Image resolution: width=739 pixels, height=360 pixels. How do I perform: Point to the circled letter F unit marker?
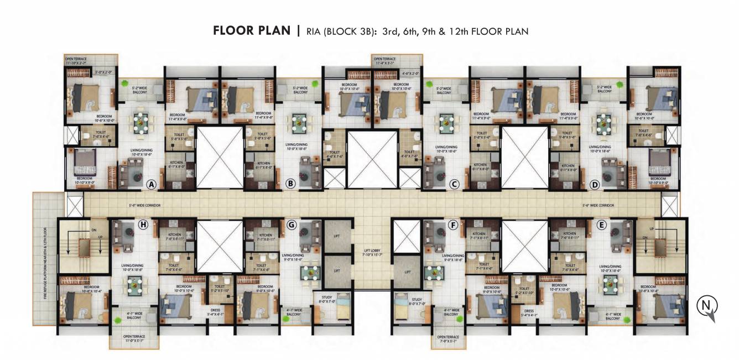coord(453,225)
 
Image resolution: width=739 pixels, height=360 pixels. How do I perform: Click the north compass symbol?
coord(707,306)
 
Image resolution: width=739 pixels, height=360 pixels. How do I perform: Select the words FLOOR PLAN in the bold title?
coord(252,31)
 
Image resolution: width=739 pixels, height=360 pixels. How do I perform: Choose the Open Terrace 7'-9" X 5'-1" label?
coord(448,339)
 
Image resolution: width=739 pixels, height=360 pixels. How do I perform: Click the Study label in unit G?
coord(326,299)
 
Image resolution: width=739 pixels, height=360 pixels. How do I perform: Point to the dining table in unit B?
coord(300,122)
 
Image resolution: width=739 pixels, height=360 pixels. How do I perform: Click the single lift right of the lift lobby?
coord(407,272)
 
